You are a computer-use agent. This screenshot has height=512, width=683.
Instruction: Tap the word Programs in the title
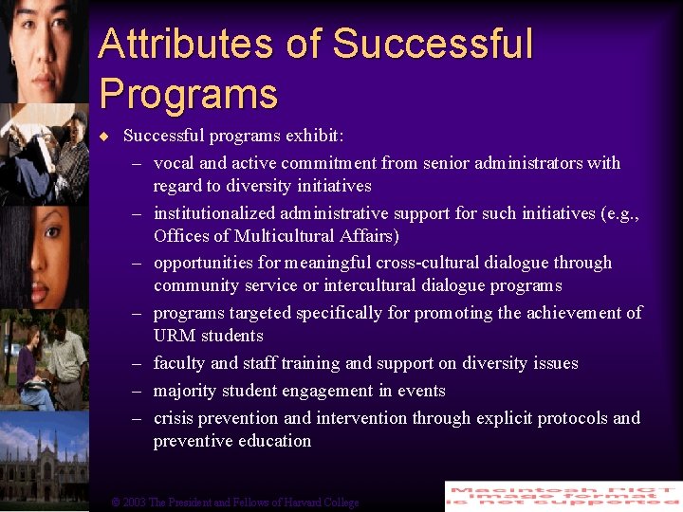[188, 94]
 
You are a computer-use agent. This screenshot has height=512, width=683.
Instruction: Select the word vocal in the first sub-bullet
[175, 163]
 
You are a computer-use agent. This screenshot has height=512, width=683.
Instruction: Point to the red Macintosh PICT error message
[563, 496]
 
